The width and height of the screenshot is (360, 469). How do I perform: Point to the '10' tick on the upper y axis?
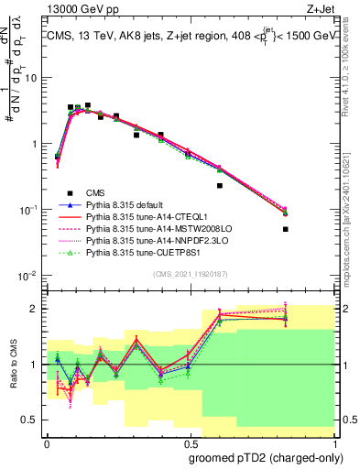click(x=32, y=77)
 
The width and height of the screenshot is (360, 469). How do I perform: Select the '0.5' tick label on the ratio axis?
click(x=33, y=420)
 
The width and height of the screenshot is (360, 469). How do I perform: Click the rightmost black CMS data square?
click(x=286, y=229)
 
